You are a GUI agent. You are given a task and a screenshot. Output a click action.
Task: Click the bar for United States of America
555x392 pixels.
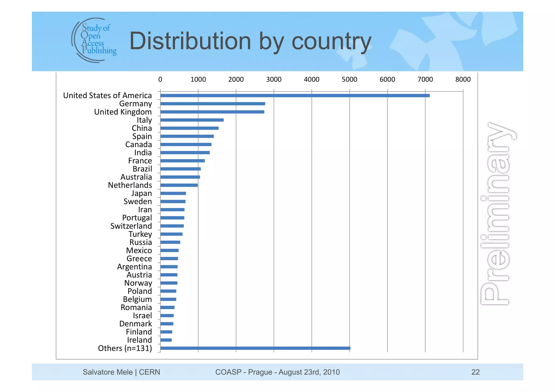tap(295, 95)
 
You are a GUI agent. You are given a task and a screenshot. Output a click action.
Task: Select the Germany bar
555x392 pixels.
tap(213, 104)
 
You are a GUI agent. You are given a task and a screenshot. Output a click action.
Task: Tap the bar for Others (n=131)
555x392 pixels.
tap(255, 348)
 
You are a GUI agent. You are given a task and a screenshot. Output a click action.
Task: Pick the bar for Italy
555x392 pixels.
tap(192, 120)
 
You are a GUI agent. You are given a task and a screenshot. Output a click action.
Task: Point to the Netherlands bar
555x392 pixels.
tap(179, 185)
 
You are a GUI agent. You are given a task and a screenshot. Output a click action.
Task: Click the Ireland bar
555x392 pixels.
tap(166, 340)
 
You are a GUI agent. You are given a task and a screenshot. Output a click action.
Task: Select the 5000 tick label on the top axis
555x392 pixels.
tap(349, 79)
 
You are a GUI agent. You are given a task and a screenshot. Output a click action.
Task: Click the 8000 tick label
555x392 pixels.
tap(463, 79)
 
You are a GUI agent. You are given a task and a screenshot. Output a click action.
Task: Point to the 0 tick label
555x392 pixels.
tap(160, 79)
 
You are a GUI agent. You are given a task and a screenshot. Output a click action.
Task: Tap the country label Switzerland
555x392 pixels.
tap(131, 226)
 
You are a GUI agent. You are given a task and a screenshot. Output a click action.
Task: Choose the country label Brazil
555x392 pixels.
tap(142, 169)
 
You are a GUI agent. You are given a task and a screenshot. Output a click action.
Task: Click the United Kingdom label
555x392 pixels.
tap(123, 112)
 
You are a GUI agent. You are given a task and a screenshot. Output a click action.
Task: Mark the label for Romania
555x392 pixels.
tap(136, 307)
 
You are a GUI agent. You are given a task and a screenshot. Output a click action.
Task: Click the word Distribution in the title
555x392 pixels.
tap(190, 41)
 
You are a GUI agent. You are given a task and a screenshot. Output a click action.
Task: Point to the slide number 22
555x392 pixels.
tap(475, 372)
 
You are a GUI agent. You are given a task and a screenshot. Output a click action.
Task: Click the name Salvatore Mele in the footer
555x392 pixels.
tap(108, 372)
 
